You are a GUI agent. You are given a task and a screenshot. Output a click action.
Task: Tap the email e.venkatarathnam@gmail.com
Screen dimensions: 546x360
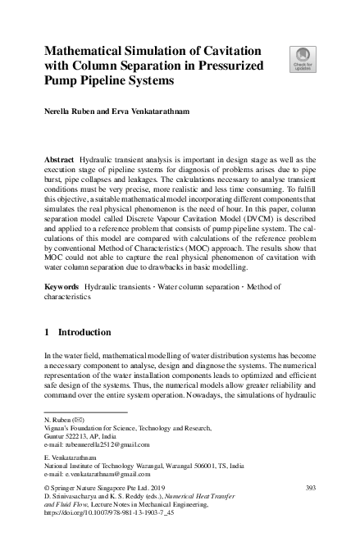106,474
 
